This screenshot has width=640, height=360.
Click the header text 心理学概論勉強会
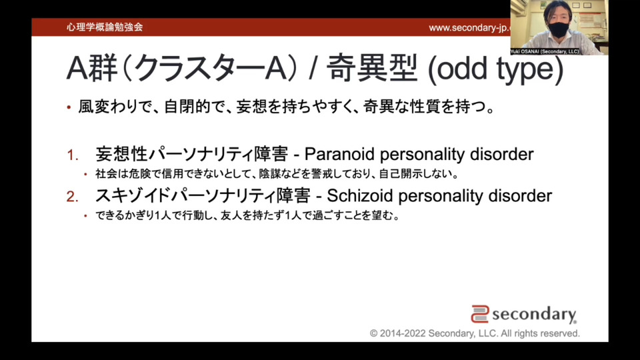pos(105,27)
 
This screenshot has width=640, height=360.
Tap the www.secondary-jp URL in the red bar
pos(469,28)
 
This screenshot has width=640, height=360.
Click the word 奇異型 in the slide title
pos(373,68)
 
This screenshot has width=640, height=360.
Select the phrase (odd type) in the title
pos(495,69)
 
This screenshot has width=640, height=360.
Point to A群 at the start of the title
pos(92,68)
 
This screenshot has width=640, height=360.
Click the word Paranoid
pos(339,154)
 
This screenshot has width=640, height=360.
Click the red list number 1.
pos(72,155)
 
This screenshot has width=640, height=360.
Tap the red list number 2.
pos(72,197)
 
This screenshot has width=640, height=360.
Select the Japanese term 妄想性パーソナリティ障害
pos(192,154)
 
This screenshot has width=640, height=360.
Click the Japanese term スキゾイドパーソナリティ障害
pos(203,196)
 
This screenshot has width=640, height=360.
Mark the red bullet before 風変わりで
pos(69,108)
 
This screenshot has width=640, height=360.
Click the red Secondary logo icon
pos(480,314)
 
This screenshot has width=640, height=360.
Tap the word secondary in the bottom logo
pos(534,314)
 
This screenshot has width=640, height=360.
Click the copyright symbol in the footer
pos(373,333)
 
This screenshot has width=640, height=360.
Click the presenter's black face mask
pos(558,29)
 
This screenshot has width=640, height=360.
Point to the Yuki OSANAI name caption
pos(545,51)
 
